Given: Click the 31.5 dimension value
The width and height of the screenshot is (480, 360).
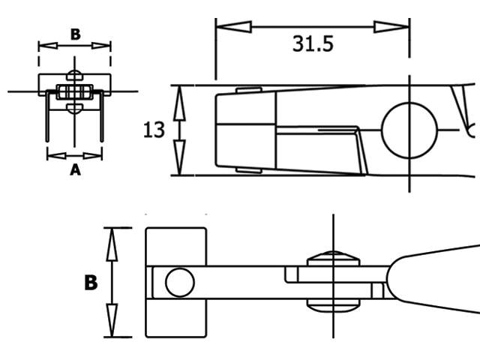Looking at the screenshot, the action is tap(313, 43).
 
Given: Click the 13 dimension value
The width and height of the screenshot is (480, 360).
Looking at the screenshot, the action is tap(154, 130).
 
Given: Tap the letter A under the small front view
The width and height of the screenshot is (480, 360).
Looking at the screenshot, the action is tap(75, 169).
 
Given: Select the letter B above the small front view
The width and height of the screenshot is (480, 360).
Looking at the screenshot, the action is tap(76, 34).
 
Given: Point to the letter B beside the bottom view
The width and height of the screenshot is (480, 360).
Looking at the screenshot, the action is tap(91, 283).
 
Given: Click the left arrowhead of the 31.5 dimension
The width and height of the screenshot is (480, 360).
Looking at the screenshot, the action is tap(233, 27).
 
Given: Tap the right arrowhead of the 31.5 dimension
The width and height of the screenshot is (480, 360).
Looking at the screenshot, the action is tap(391, 27).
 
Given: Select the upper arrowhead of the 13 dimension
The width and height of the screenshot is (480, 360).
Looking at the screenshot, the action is tap(179, 103).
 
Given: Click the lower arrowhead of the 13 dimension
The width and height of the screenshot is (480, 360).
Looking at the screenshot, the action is tap(179, 157).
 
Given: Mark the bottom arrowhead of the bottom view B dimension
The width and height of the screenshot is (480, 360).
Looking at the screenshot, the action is tap(112, 320).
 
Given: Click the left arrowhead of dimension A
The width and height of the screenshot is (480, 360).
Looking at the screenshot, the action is tap(57, 156).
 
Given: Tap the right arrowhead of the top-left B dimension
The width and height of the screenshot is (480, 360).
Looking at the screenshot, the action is tap(101, 46).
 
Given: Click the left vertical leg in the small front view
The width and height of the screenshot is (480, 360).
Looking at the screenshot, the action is tap(47, 116).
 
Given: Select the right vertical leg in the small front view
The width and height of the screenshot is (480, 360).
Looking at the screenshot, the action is tap(102, 116).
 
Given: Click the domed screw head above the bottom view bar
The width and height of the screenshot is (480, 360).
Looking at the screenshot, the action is tap(333, 259).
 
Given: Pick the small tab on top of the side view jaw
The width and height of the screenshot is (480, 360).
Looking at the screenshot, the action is tap(248, 90).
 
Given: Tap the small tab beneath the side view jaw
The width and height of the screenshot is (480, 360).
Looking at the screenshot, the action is tap(248, 170).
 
